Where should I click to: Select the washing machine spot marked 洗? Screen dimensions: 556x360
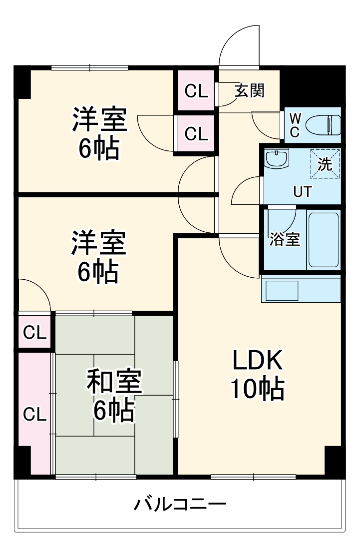coord(325,163)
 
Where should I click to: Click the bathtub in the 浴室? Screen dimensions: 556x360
coord(324,240)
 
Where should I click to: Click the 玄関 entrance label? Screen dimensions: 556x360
coord(250,90)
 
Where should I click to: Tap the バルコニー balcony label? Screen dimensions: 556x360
coord(180,503)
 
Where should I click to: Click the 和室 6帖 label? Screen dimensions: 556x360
coord(114,395)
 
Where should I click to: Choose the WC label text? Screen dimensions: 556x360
coord(295,124)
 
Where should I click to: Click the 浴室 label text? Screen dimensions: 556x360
coord(285,239)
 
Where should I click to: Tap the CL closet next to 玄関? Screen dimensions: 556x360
coord(196,90)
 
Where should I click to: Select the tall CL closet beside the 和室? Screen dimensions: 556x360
coord(35,413)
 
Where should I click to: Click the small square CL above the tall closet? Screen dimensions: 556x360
coord(35,332)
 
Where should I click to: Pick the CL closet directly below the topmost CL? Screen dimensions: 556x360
coord(196,134)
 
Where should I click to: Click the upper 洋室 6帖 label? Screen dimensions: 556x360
coord(99,133)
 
